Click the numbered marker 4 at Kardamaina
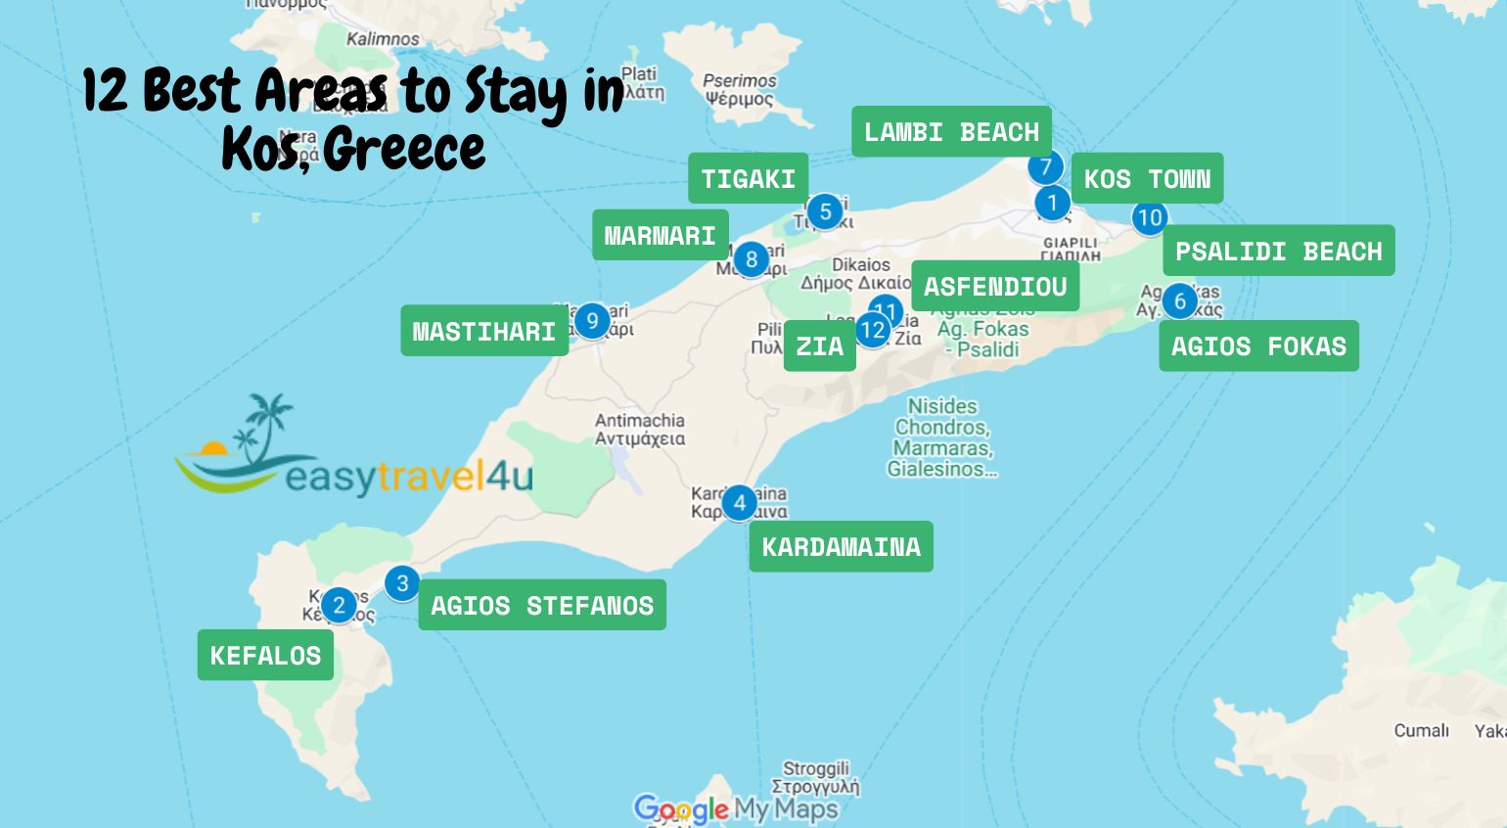(739, 503)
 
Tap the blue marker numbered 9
(591, 321)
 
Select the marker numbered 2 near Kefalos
(339, 605)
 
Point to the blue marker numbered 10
(1149, 217)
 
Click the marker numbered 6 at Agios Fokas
(1179, 300)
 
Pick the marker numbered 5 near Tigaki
(825, 210)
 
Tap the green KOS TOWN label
(1147, 179)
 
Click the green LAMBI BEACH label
(951, 132)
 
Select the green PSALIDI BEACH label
(1278, 252)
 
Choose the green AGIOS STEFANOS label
(542, 606)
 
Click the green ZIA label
(819, 346)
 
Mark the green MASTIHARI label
(483, 332)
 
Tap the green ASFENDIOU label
(994, 287)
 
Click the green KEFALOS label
(265, 656)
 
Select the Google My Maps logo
(735, 808)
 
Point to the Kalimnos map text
(383, 39)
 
